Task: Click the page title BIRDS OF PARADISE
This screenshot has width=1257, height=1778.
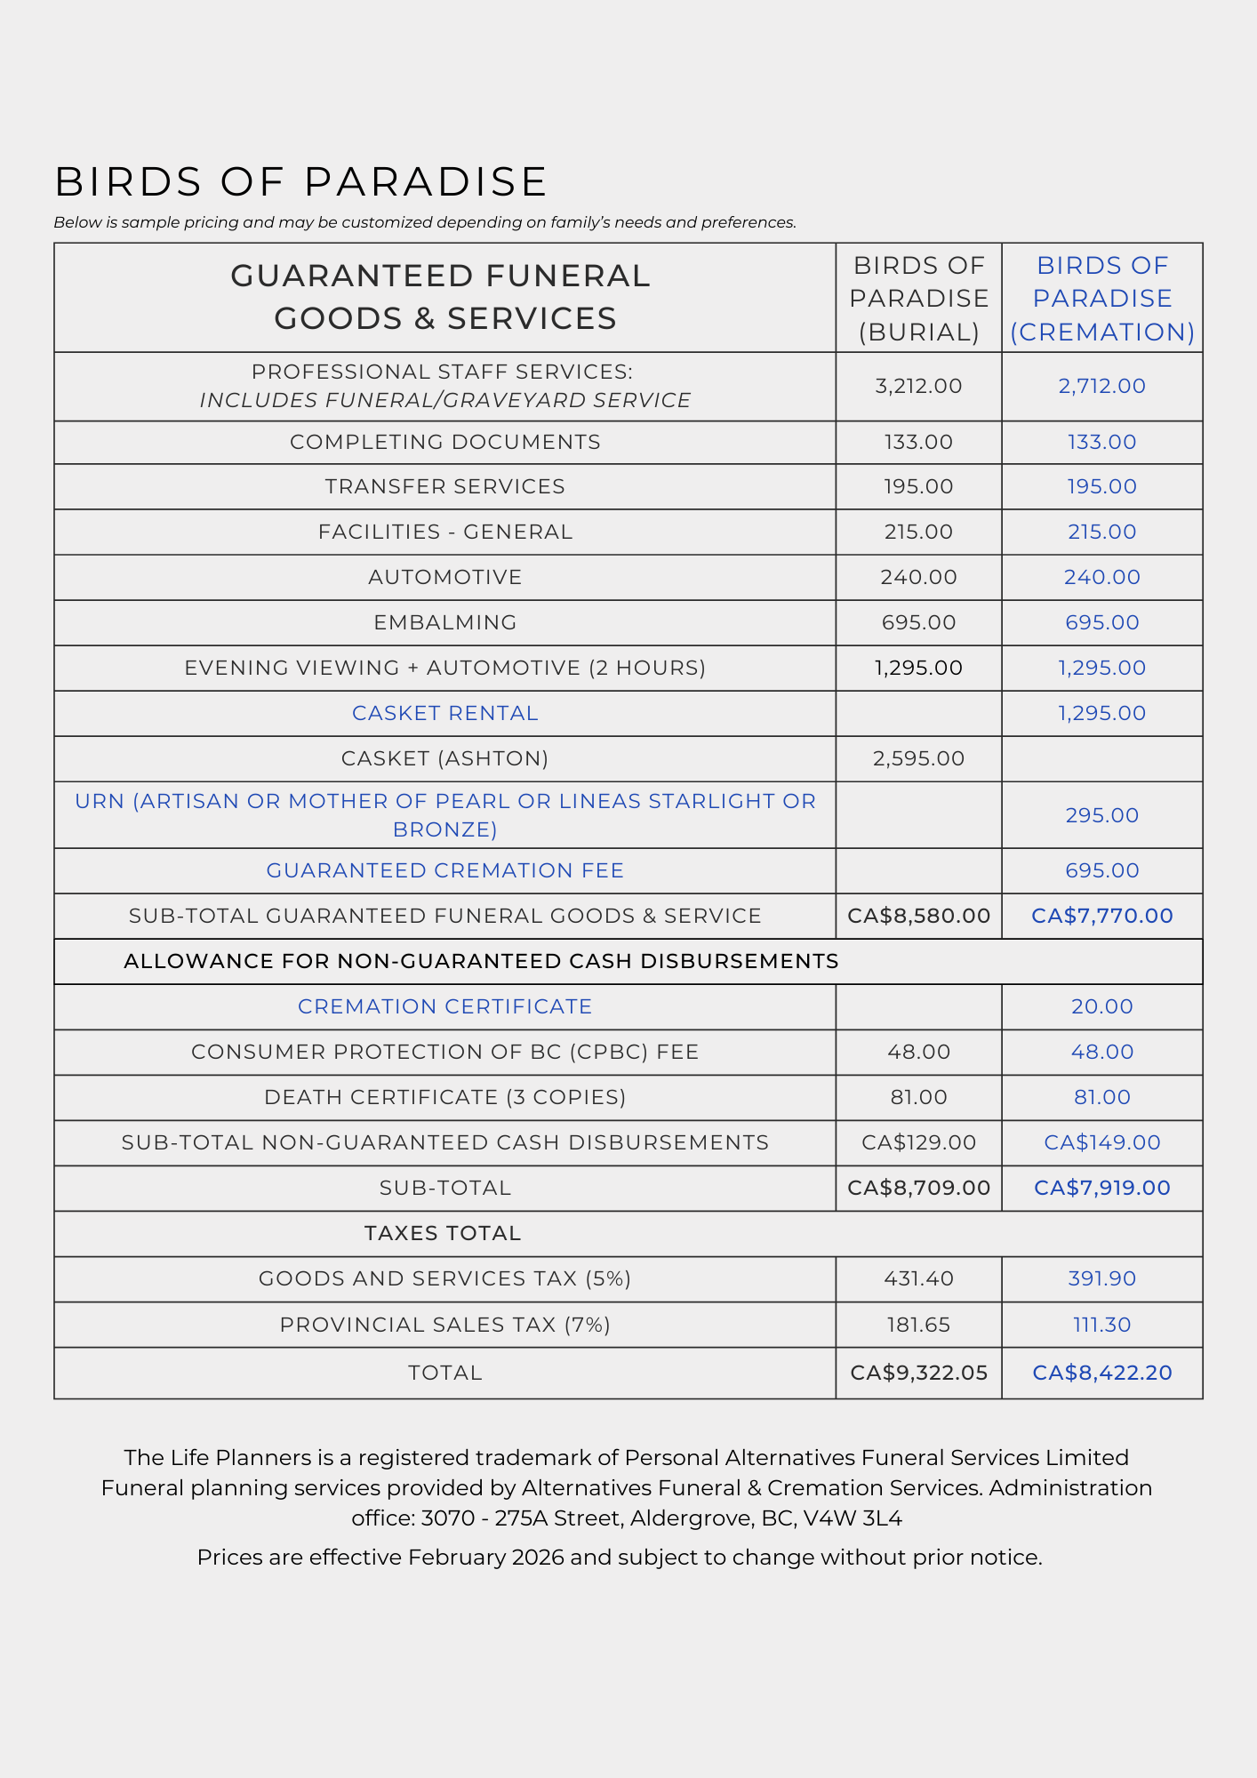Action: (300, 182)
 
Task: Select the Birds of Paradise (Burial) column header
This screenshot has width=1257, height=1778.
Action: (918, 299)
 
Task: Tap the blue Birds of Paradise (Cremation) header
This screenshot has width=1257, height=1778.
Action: (1101, 299)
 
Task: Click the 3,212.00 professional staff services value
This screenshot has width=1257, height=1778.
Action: (918, 386)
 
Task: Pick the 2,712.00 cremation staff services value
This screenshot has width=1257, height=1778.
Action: (1101, 386)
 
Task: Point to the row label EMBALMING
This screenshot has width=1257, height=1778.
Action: (444, 622)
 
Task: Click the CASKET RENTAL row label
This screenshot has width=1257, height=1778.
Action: (444, 713)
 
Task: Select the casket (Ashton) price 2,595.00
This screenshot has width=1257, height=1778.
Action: (918, 758)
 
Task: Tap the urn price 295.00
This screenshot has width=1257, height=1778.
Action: (1101, 815)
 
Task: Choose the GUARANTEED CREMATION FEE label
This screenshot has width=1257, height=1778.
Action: (444, 870)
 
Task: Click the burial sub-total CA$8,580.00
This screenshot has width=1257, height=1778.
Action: (918, 916)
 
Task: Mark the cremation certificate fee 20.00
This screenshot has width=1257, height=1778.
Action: (1101, 1006)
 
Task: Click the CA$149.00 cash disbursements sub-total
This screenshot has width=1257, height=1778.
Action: (1101, 1142)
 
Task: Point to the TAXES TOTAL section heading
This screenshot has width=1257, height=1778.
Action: (442, 1233)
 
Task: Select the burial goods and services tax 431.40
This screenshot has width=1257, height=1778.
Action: (918, 1278)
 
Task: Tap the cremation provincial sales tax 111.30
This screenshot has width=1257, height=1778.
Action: (1101, 1325)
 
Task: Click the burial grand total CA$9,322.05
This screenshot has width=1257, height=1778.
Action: (918, 1373)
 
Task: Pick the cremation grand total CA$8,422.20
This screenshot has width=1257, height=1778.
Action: (1101, 1373)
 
